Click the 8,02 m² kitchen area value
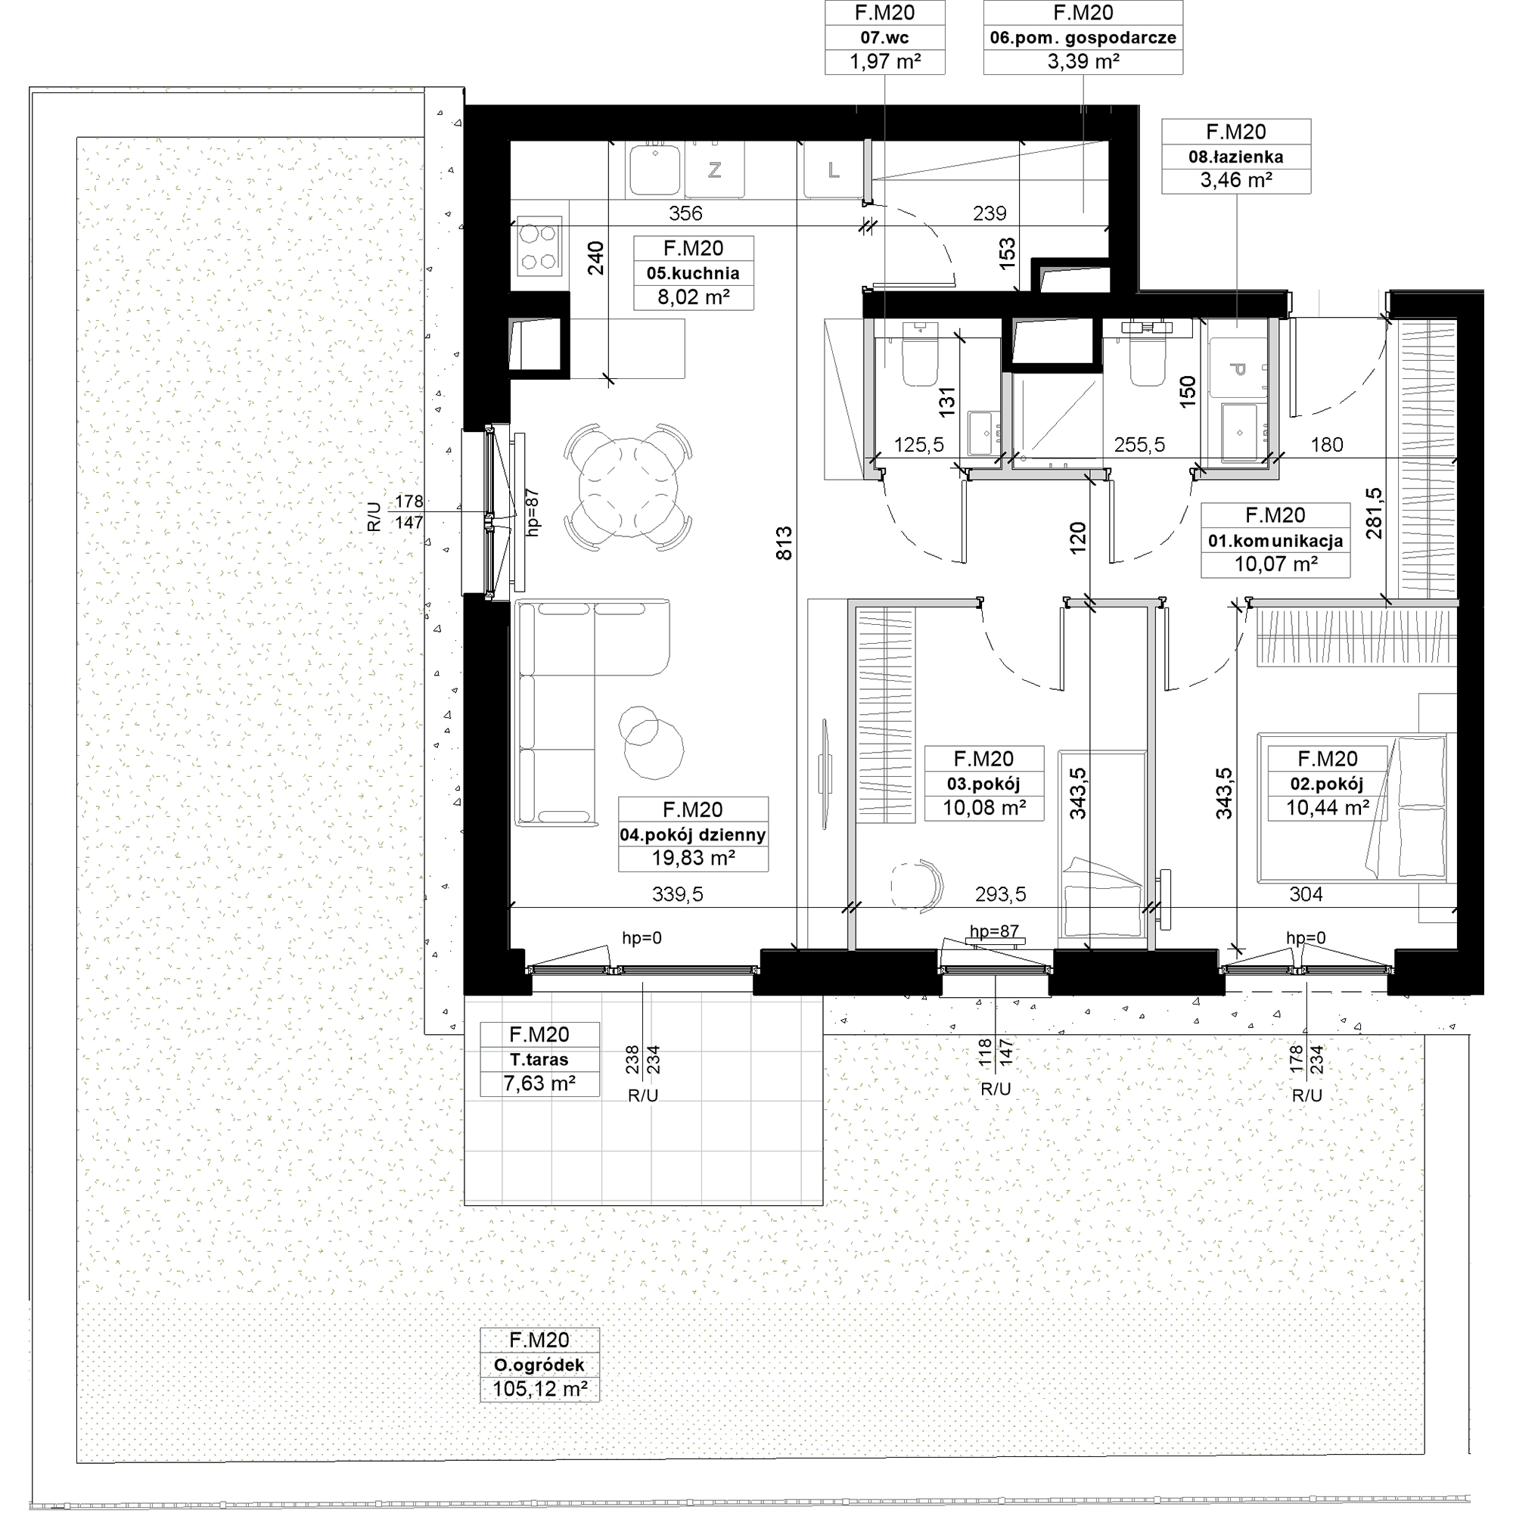pyautogui.click(x=694, y=297)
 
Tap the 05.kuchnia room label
pyautogui.click(x=693, y=273)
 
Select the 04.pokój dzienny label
pyautogui.click(x=693, y=835)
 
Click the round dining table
pyautogui.click(x=629, y=487)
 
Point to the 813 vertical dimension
pyautogui.click(x=784, y=542)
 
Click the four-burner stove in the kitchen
pyautogui.click(x=539, y=246)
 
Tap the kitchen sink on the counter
pyautogui.click(x=654, y=169)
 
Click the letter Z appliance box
pyautogui.click(x=714, y=169)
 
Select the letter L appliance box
pyautogui.click(x=833, y=169)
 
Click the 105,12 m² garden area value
pyautogui.click(x=540, y=1389)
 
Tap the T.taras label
pyautogui.click(x=539, y=1060)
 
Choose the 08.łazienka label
pyautogui.click(x=1236, y=157)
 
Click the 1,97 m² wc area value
pyautogui.click(x=885, y=61)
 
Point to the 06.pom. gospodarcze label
pyautogui.click(x=1083, y=38)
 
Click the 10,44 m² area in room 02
pyautogui.click(x=1328, y=807)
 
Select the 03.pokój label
pyautogui.click(x=983, y=784)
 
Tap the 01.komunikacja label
pyautogui.click(x=1275, y=540)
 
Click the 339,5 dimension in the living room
pyautogui.click(x=677, y=893)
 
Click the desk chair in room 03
pyautogui.click(x=918, y=887)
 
